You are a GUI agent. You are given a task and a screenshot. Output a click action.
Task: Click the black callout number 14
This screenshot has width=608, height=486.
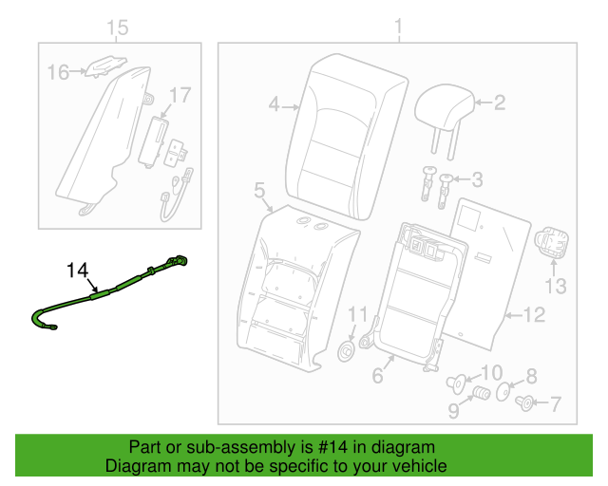(x=78, y=271)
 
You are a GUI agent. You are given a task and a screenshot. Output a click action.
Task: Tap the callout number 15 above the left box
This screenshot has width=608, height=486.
(x=117, y=28)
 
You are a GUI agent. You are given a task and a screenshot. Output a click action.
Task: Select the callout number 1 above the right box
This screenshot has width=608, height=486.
(x=399, y=27)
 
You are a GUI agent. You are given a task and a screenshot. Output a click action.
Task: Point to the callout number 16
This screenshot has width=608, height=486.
(x=59, y=72)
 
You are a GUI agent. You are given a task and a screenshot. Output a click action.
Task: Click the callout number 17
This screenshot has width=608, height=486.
(x=180, y=95)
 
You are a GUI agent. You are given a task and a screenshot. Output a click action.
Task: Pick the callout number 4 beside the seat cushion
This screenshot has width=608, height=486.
(x=275, y=104)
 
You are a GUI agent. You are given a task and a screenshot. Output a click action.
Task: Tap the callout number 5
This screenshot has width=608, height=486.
(x=259, y=191)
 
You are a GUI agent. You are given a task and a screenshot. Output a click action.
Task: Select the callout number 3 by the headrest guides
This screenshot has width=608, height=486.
(x=477, y=179)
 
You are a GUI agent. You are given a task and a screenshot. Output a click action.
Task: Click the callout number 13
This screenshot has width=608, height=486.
(x=556, y=287)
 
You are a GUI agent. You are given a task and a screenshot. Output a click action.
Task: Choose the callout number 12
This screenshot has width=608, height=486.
(x=534, y=315)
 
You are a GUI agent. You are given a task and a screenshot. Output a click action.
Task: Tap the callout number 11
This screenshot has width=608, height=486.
(x=357, y=314)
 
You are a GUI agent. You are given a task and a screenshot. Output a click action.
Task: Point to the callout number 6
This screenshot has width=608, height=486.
(x=378, y=376)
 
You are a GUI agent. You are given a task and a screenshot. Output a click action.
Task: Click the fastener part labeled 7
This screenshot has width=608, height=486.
(x=525, y=403)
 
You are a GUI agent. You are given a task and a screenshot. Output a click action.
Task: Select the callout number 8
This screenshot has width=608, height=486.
(x=531, y=376)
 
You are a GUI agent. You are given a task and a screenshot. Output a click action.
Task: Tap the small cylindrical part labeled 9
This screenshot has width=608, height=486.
(x=482, y=393)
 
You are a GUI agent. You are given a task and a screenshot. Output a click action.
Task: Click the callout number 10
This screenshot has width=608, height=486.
(x=492, y=373)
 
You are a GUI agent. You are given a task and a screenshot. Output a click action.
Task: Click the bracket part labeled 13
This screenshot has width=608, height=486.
(x=551, y=242)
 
